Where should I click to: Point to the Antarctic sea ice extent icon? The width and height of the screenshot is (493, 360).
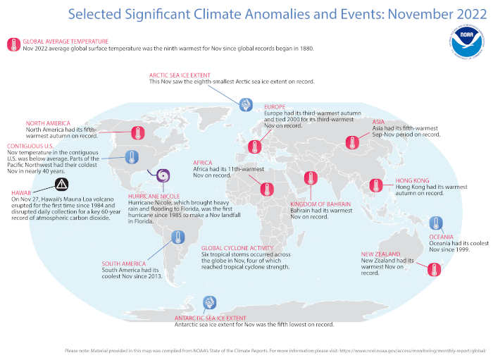[x=209, y=303]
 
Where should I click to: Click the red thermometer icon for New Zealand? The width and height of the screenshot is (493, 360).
[x=433, y=268]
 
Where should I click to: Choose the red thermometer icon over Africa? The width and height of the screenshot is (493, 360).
[x=266, y=188]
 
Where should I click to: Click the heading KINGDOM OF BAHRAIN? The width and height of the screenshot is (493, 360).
[x=320, y=204]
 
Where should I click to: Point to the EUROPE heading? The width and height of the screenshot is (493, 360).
[x=275, y=106]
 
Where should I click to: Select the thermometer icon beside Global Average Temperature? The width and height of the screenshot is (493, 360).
[x=13, y=45]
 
